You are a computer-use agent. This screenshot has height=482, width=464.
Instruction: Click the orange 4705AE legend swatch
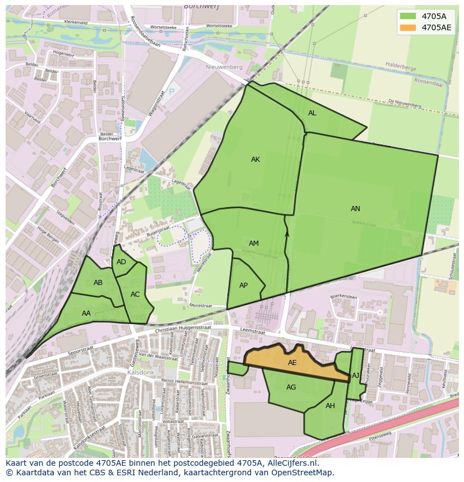coord(408,27)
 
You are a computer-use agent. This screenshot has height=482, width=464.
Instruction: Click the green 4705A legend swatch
coord(408,16)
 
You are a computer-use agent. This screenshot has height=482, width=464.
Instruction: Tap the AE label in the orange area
coord(292,363)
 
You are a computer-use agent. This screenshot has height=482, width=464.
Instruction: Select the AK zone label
coord(256,160)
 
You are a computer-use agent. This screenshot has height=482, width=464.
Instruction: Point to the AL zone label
coord(312,113)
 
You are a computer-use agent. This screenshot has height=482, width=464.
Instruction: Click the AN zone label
coord(355,209)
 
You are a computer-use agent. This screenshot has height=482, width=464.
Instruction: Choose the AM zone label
coord(254,244)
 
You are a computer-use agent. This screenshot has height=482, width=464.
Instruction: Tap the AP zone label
coord(243,286)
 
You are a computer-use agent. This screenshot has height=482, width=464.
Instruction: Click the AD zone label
coord(121,262)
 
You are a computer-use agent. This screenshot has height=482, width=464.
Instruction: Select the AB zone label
coord(98,283)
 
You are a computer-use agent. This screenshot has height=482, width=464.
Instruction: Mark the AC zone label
coord(135,294)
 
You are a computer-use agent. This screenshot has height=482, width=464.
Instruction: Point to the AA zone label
coord(86,313)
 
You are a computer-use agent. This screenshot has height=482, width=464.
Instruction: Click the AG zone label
coord(291,387)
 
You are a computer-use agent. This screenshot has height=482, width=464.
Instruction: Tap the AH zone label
coord(330,406)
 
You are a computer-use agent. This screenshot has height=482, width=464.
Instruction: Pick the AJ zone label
coord(355,376)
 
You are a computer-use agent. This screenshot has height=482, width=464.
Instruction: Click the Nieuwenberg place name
coord(224,67)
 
